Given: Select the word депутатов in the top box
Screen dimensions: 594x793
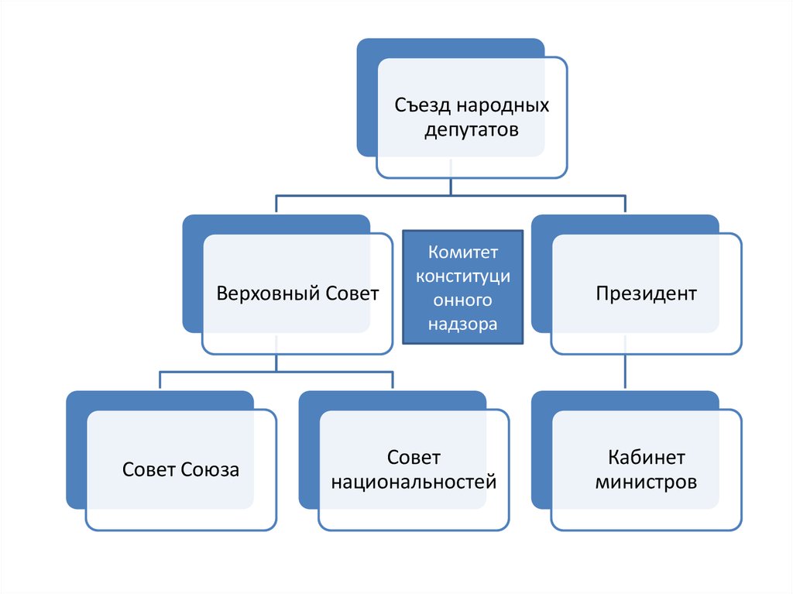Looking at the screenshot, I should tap(472, 129).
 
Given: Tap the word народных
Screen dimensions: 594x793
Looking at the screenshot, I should tap(502, 105).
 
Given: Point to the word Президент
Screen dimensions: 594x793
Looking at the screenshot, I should tap(647, 294).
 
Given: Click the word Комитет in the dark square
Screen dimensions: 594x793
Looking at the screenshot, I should tap(463, 253).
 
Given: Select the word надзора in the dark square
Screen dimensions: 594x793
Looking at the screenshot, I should tap(463, 324).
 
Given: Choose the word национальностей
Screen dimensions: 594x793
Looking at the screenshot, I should tap(414, 482).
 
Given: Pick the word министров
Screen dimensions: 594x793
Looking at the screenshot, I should tap(647, 482).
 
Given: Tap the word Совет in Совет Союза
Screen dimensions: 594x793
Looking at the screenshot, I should tap(149, 469).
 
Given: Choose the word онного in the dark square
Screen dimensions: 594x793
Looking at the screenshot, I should tap(463, 301).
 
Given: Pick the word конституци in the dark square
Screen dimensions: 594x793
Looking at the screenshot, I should tap(463, 277).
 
